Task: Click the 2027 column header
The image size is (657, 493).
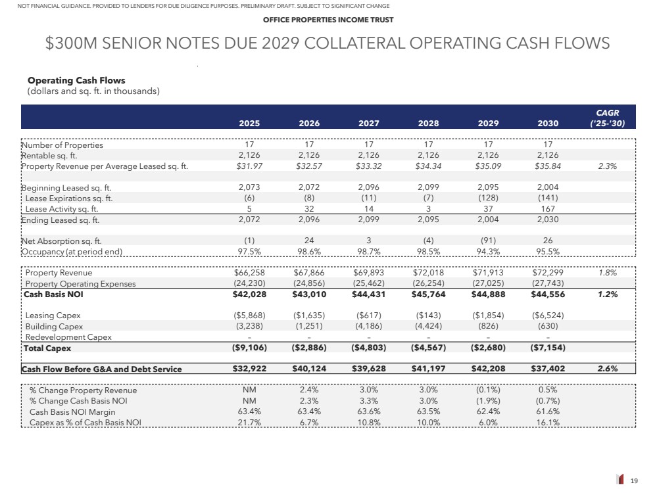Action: [x=369, y=122]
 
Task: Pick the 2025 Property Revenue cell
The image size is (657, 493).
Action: [x=250, y=273]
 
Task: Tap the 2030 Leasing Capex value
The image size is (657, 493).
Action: [x=547, y=316]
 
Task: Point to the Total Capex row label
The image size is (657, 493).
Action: [x=47, y=348]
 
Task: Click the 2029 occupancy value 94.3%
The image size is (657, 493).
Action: [x=487, y=252]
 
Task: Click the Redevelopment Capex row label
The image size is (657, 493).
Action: [x=68, y=337]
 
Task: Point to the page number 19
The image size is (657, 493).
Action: [x=634, y=481]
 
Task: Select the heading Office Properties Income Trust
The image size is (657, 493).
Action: [x=328, y=20]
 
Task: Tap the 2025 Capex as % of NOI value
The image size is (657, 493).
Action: [x=250, y=423]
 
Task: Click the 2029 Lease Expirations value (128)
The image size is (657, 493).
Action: [x=487, y=199]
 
